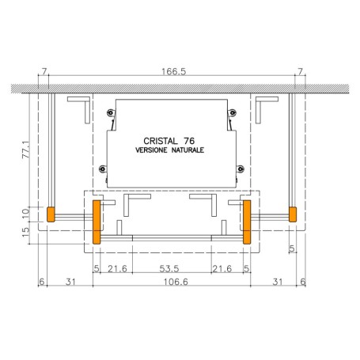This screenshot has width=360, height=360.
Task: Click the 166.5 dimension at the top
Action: point(173,71)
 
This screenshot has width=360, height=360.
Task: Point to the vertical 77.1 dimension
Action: point(26,150)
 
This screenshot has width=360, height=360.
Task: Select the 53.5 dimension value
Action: point(169,269)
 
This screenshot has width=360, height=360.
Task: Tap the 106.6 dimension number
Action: point(176,282)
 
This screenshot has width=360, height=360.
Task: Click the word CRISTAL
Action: point(161,141)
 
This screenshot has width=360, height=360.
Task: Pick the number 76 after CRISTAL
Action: point(189,141)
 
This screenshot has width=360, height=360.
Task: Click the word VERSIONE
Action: point(151,150)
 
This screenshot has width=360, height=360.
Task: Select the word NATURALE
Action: point(188,150)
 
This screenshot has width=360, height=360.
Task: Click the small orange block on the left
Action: point(51,214)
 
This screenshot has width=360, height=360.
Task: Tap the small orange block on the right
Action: point(293,214)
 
